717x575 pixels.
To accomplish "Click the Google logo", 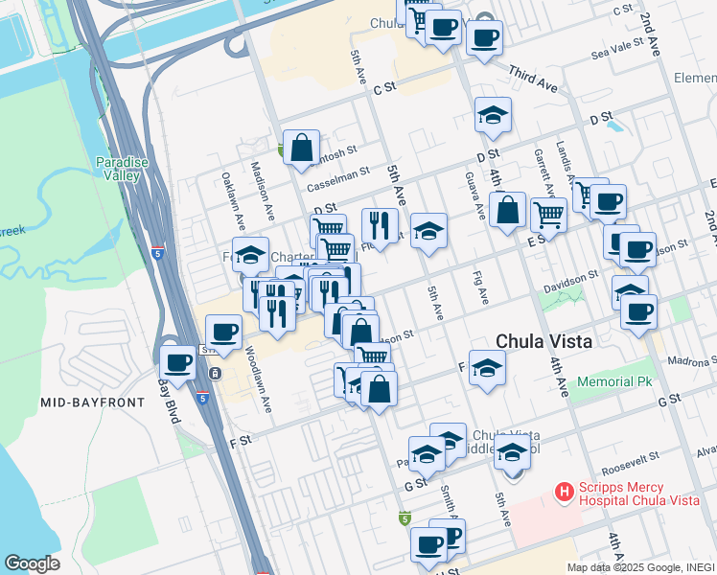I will tap(32, 563).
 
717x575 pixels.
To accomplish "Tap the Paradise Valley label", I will tap(122, 169).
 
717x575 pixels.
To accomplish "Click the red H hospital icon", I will tap(565, 493).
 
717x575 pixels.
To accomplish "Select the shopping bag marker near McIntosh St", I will tap(301, 148).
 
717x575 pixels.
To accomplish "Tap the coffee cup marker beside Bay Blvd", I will tap(177, 362).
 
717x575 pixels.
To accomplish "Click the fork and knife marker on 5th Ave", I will tap(380, 226).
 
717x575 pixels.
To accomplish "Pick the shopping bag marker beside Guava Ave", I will tap(506, 209).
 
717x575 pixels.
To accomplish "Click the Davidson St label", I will tap(578, 274).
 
